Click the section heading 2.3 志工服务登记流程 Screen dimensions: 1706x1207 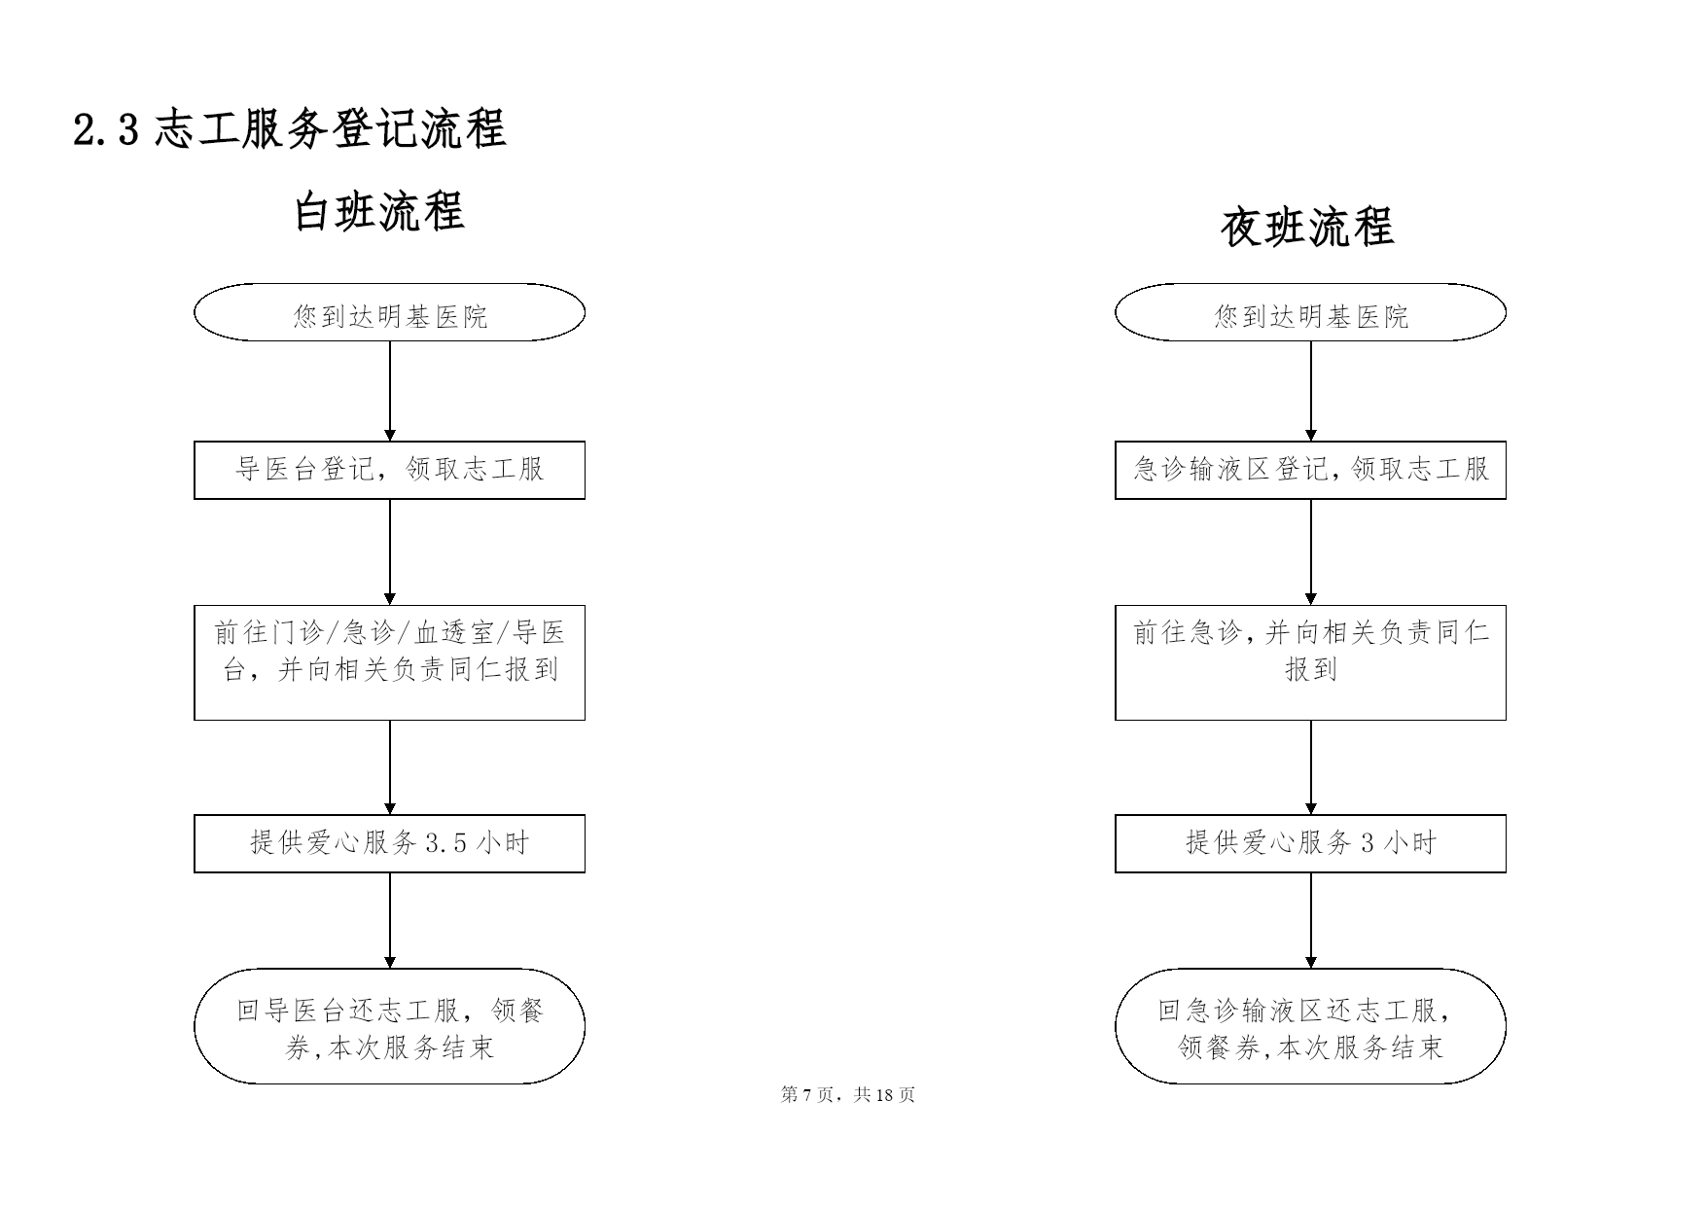click(x=290, y=129)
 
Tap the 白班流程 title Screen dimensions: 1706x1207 click(x=379, y=211)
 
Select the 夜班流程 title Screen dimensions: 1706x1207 click(x=1308, y=227)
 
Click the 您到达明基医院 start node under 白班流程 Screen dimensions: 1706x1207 click(x=389, y=312)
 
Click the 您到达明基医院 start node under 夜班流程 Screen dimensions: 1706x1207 click(x=1310, y=312)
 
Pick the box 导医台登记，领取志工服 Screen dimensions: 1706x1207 click(x=389, y=470)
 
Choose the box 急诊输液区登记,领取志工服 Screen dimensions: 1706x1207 click(x=1310, y=470)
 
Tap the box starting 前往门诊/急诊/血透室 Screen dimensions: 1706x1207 click(x=389, y=662)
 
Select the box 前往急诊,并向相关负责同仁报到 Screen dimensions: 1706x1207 click(x=1310, y=662)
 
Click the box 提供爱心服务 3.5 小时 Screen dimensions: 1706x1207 click(x=389, y=843)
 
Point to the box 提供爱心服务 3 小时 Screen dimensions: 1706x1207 click(x=1310, y=843)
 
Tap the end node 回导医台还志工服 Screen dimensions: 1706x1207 click(x=389, y=1026)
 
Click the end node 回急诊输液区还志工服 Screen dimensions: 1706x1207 click(x=1310, y=1026)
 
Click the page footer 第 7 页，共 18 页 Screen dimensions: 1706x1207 click(x=848, y=1095)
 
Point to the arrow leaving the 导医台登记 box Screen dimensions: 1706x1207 click(x=390, y=552)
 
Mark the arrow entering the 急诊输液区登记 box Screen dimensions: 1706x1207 click(x=1311, y=391)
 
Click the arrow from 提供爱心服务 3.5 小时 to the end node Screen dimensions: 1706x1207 click(x=390, y=920)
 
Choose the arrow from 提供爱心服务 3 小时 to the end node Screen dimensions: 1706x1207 click(x=1311, y=920)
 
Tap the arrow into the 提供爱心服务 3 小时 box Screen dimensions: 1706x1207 click(x=1311, y=767)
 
